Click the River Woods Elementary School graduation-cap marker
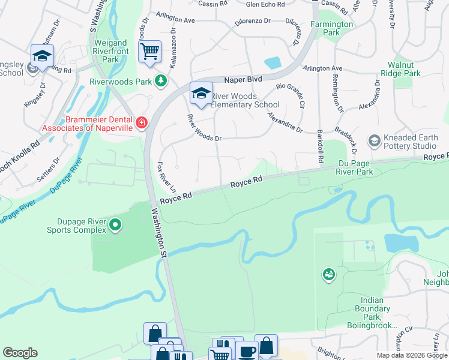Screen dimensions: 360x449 (x=202, y=93)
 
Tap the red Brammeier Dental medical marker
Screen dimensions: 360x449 (x=142, y=123)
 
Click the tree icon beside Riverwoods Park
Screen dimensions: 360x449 (x=160, y=81)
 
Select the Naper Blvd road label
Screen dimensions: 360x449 (x=244, y=79)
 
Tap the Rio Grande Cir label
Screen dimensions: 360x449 (x=291, y=95)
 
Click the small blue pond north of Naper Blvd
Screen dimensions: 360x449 (x=273, y=62)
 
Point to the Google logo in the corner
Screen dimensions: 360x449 (x=20, y=353)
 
